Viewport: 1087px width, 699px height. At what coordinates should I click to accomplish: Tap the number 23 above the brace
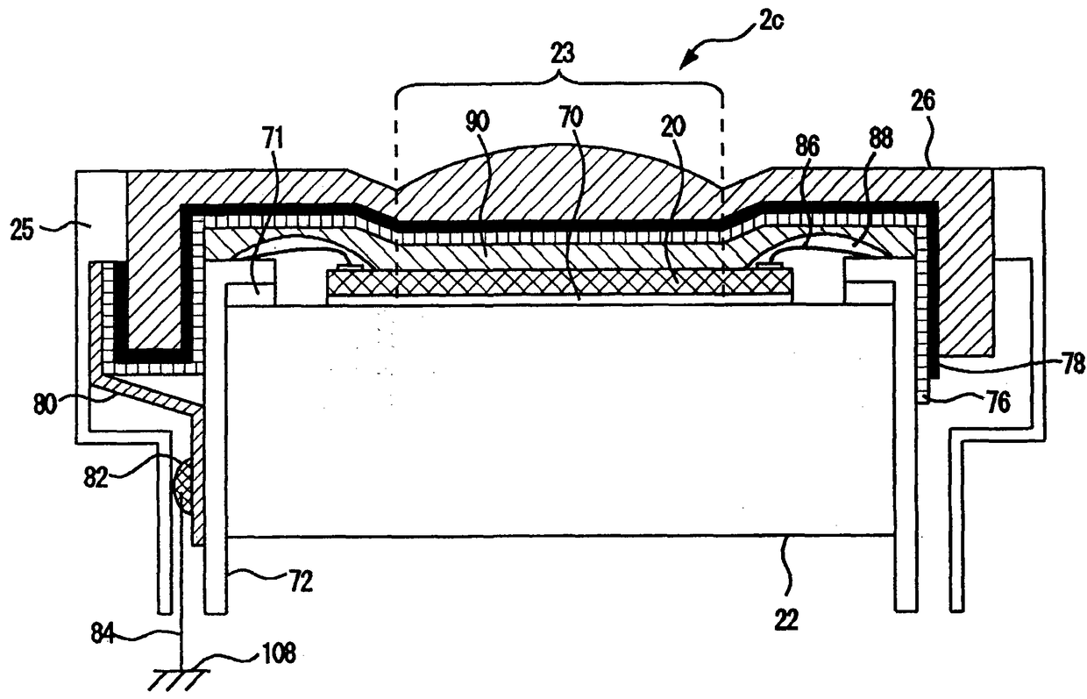563,54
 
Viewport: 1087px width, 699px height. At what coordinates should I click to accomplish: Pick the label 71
274,137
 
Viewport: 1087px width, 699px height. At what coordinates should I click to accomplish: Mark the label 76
996,403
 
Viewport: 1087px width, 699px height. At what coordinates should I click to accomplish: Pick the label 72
300,581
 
